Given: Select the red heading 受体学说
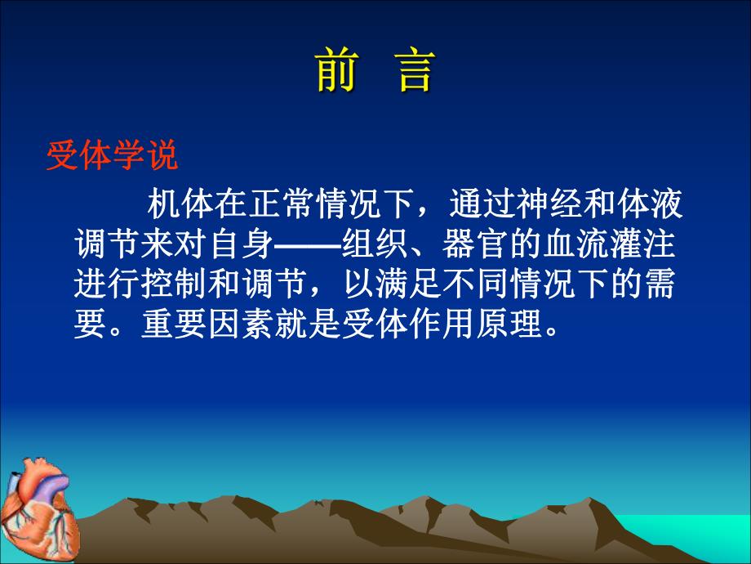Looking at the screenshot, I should [x=112, y=155].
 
